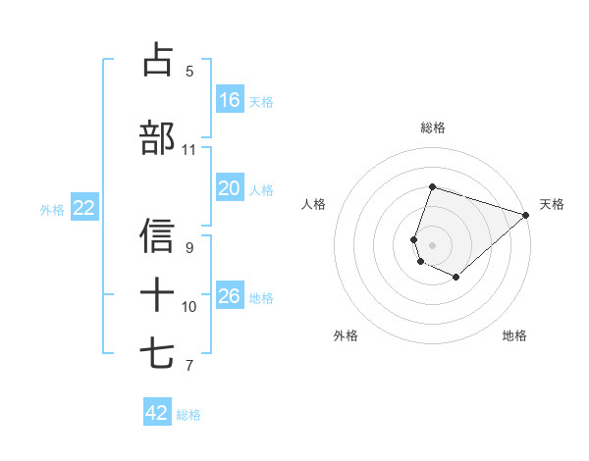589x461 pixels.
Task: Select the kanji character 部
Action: (x=158, y=138)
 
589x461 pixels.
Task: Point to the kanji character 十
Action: (x=158, y=293)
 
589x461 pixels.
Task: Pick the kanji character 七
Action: (x=158, y=354)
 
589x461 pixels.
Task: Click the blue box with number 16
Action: (x=230, y=100)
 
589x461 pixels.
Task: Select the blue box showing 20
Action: (x=230, y=188)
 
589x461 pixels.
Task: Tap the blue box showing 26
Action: (x=230, y=296)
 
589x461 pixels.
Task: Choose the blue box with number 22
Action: (x=84, y=208)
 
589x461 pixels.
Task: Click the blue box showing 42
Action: (x=157, y=413)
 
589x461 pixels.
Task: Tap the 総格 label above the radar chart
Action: (x=432, y=128)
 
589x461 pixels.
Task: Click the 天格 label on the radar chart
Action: (x=552, y=204)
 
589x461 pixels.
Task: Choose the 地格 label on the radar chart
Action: (x=514, y=336)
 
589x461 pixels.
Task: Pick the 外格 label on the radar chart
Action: (x=346, y=336)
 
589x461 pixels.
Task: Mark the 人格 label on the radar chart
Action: (x=313, y=204)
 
